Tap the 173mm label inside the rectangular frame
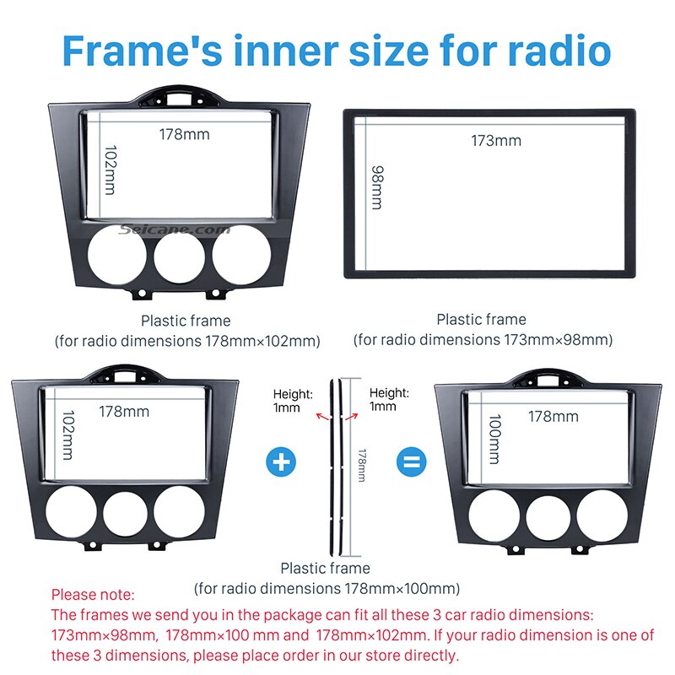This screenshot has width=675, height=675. [x=495, y=140]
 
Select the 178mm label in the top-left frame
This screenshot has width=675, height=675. [x=184, y=133]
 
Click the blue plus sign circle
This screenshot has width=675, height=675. [x=282, y=462]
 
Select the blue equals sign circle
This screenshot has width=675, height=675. [x=413, y=462]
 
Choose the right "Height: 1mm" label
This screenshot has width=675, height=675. [x=388, y=399]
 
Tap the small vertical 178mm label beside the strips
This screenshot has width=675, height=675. [x=362, y=465]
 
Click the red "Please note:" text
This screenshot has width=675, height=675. [x=93, y=595]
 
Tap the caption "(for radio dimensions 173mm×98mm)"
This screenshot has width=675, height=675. [x=483, y=339]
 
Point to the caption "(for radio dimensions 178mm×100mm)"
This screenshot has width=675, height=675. [x=327, y=588]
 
